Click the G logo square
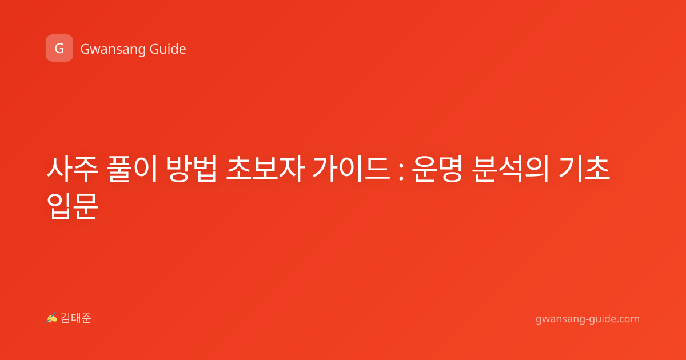tap(59, 48)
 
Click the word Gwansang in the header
tap(113, 50)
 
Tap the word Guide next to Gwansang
tap(167, 49)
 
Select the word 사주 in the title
tap(72, 169)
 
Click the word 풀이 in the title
tap(132, 169)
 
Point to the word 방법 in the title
tap(192, 169)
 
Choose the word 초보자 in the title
tap(265, 169)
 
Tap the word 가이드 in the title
tap(351, 169)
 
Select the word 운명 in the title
tap(437, 169)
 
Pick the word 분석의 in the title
tap(510, 169)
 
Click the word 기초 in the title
tap(584, 169)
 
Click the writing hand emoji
tap(52, 318)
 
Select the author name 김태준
tap(76, 318)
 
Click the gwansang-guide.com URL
tap(588, 319)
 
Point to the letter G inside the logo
tap(59, 49)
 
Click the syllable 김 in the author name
tap(66, 318)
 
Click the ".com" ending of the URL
tap(628, 319)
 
